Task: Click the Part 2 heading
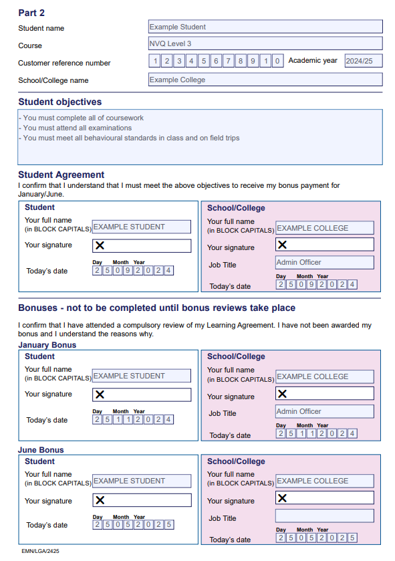pos(31,13)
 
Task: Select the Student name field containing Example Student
pos(265,27)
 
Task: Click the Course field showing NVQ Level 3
pos(265,43)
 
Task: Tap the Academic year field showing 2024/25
pos(363,61)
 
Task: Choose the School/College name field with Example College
pos(265,80)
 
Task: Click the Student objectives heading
pos(60,102)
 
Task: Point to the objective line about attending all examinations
pos(75,128)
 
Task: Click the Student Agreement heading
pos(61,175)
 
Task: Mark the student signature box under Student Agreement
pos(141,245)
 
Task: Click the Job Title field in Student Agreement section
pos(324,262)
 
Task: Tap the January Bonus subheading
pos(47,345)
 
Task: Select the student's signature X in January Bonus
pos(100,395)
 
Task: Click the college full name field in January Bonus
pos(324,376)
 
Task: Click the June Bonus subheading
pos(41,450)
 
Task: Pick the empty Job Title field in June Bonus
pos(324,516)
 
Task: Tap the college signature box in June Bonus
pos(324,498)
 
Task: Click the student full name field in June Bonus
pos(141,481)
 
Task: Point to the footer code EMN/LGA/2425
pos(39,551)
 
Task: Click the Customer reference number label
pos(64,63)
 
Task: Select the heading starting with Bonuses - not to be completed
pos(156,308)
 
